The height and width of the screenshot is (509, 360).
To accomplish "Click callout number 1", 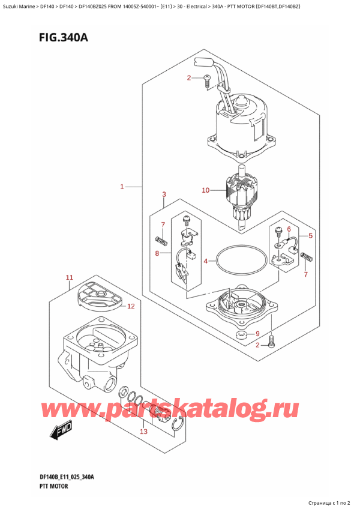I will point(121,187).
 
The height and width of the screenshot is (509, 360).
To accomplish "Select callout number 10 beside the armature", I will point(205,191).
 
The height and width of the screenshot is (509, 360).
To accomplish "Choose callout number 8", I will point(158,254).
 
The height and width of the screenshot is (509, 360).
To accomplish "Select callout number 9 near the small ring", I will point(257,334).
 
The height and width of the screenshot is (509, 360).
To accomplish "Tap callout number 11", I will point(69,277).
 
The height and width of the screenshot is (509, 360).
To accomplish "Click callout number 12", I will point(131,306).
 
